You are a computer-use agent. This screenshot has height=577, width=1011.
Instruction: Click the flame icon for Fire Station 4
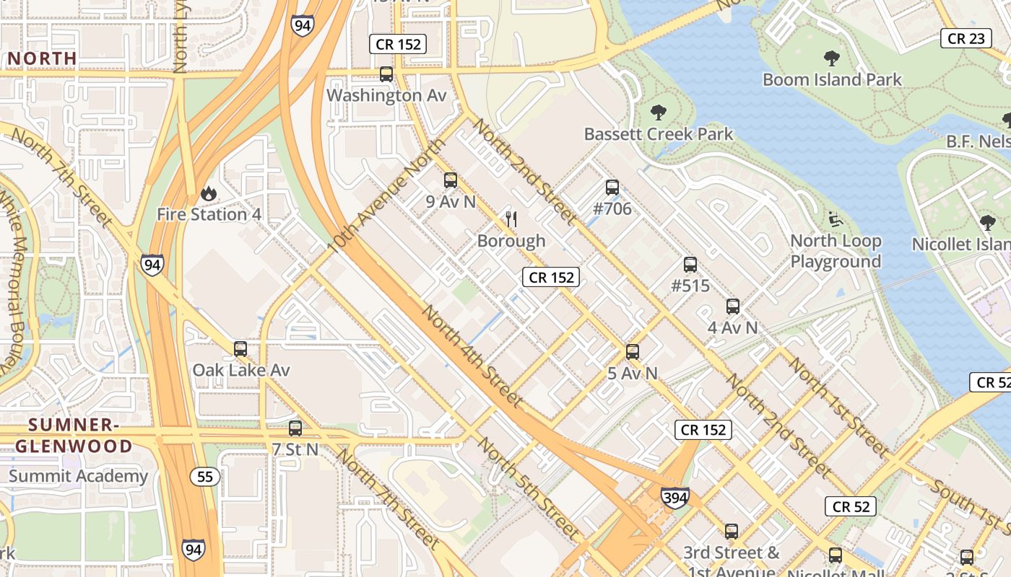[x=209, y=193]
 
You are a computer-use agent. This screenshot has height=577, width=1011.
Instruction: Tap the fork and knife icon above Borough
[x=511, y=219]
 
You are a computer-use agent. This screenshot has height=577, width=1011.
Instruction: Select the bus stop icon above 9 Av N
[x=451, y=180]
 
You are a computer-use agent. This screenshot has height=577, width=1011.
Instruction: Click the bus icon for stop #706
[x=612, y=188]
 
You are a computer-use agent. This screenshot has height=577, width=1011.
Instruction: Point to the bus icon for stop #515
[x=690, y=265]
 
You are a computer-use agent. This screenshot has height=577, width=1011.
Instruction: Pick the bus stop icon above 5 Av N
[x=633, y=352]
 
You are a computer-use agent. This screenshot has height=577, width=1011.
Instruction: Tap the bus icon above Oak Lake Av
[x=240, y=349]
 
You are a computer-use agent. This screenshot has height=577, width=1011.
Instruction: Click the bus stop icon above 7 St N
[x=295, y=428]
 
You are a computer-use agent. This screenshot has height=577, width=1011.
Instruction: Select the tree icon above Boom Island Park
[x=832, y=58]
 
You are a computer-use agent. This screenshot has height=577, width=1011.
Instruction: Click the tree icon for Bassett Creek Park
[x=658, y=113]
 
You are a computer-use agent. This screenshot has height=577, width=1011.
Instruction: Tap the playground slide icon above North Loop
[x=836, y=219]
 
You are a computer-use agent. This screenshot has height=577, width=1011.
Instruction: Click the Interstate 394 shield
[x=674, y=498]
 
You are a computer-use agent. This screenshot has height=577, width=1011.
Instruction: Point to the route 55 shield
[x=206, y=476]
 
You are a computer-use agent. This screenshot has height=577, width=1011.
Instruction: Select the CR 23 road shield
[x=966, y=39]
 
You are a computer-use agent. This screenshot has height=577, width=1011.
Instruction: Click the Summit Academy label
[x=78, y=476]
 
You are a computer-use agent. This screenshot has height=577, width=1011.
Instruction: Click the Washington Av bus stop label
[x=386, y=95]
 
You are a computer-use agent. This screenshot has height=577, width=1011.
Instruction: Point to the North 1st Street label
[x=837, y=407]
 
